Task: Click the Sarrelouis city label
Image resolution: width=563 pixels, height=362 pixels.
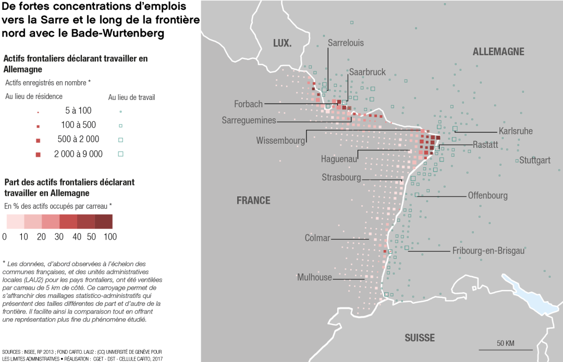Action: pos(346,43)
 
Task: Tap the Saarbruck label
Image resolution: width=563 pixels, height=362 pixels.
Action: pos(367,72)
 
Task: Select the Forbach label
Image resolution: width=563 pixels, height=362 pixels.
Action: pos(248,104)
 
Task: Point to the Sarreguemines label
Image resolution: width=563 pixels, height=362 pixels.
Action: pos(249,120)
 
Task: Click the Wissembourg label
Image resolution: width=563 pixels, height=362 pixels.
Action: pos(280,141)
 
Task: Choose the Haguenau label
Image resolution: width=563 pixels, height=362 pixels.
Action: pos(339,158)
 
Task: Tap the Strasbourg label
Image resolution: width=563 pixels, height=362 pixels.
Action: pos(341,178)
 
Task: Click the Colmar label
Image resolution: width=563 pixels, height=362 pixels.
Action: pos(317,238)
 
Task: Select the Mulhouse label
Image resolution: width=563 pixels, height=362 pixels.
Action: pos(314,277)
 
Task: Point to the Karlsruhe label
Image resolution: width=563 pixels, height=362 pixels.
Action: pos(515,131)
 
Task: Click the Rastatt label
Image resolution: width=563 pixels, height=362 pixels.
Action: pos(485,145)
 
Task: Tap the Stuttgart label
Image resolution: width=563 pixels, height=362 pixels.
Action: pos(534,160)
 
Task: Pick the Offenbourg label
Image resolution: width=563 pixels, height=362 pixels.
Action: pos(487,196)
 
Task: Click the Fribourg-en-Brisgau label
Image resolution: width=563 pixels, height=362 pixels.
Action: pos(488,251)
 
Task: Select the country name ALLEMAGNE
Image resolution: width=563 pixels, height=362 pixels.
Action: pos(498,52)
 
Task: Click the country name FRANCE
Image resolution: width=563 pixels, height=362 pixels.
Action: pos(253,200)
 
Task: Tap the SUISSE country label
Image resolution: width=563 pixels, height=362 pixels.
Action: pos(419,338)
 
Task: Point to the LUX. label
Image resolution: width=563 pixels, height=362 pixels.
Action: pos(282,43)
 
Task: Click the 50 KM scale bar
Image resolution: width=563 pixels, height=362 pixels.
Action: pos(505,349)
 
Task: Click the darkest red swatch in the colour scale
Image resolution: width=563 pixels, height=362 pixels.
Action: pos(104,221)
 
